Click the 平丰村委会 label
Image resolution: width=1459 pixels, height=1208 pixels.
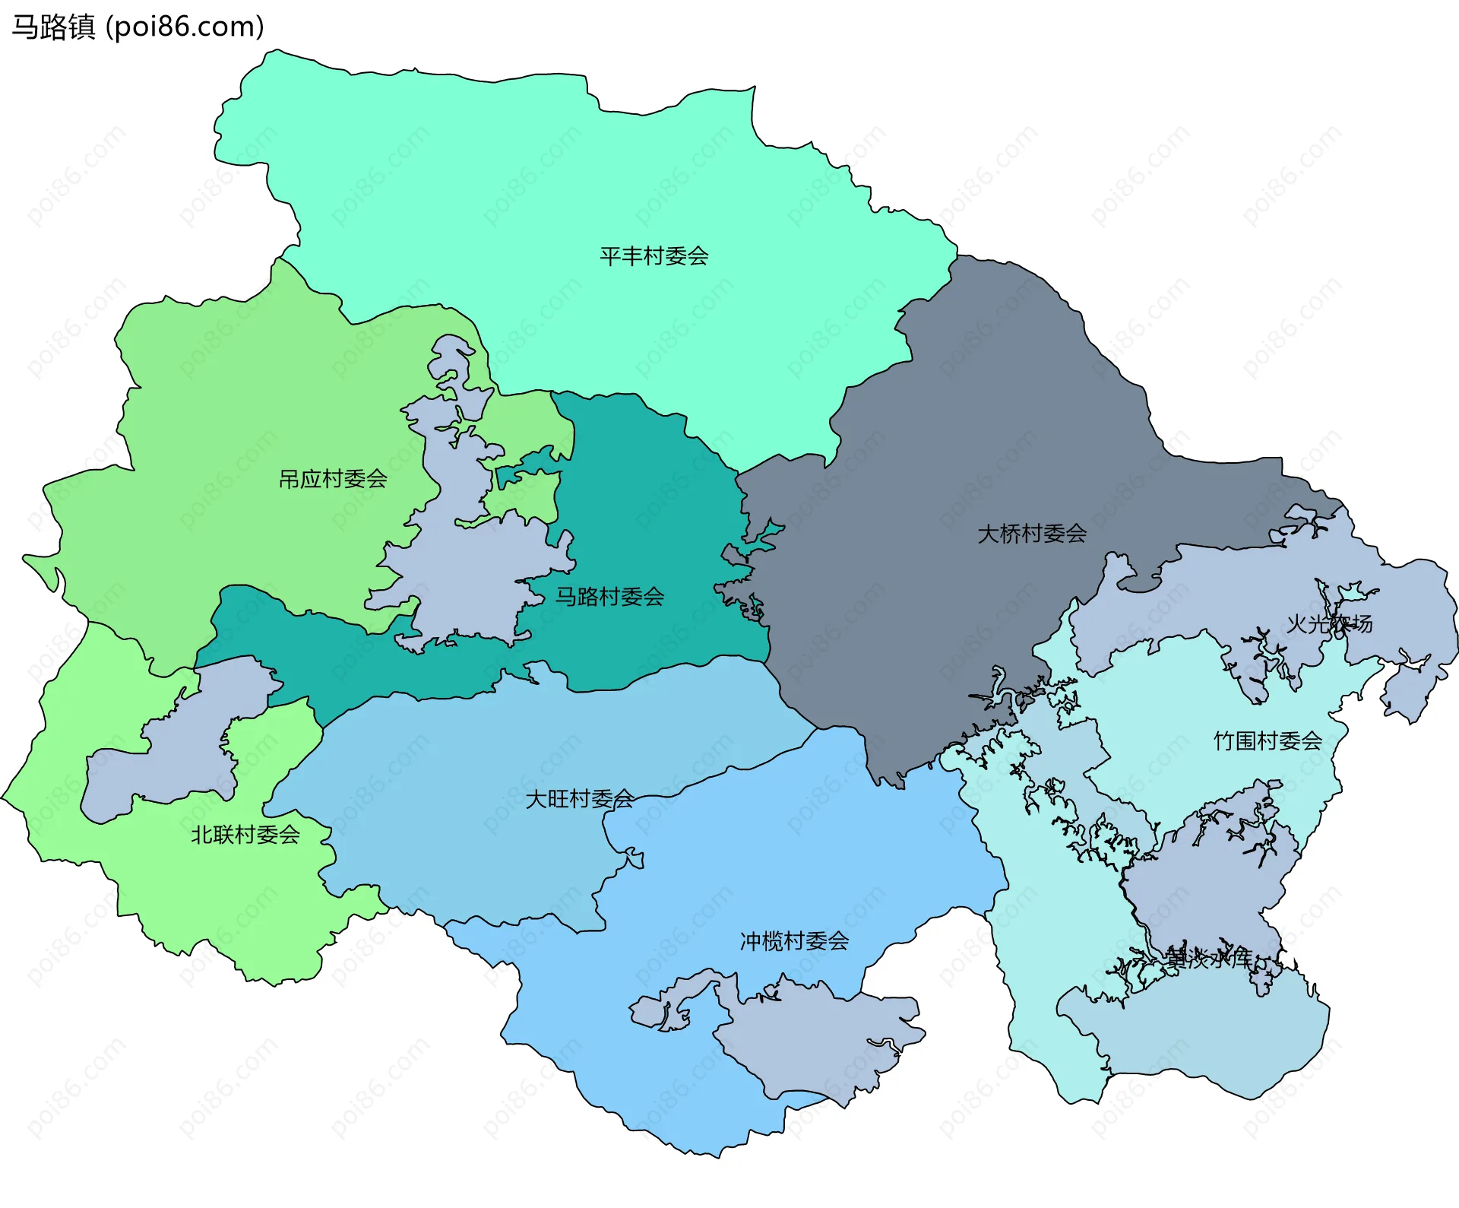pyautogui.click(x=654, y=256)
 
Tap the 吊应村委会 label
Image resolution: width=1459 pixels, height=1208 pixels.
pyautogui.click(x=333, y=479)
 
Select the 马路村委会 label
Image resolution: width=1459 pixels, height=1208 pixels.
pyautogui.click(x=609, y=597)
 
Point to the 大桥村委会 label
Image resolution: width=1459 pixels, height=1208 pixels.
pyautogui.click(x=1031, y=534)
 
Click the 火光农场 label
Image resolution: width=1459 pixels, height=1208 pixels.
pyautogui.click(x=1329, y=624)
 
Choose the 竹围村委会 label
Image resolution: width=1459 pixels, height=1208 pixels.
pyautogui.click(x=1268, y=740)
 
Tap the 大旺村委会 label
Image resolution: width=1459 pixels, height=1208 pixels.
pyautogui.click(x=580, y=799)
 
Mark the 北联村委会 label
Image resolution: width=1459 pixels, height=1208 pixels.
pyautogui.click(x=245, y=835)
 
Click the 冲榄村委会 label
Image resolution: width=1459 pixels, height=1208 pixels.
pyautogui.click(x=794, y=941)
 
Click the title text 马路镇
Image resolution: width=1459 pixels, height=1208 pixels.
pyautogui.click(x=53, y=27)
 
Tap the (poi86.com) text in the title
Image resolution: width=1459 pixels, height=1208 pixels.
pyautogui.click(x=185, y=27)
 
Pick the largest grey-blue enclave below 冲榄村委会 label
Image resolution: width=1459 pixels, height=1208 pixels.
pyautogui.click(x=813, y=1042)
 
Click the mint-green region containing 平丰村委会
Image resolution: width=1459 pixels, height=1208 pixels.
pyautogui.click(x=532, y=190)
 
